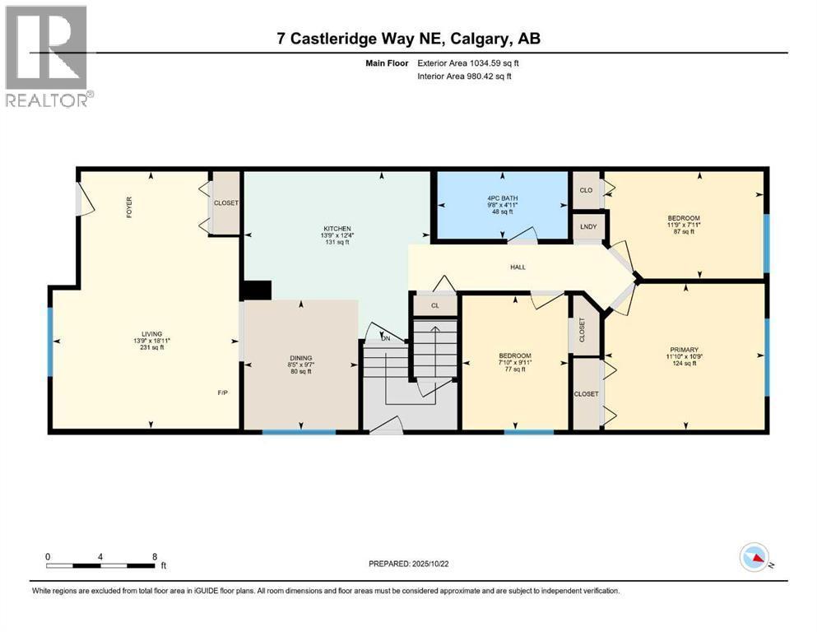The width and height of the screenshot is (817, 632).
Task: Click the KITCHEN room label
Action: pyautogui.click(x=337, y=229)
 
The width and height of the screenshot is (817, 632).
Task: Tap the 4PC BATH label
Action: pyautogui.click(x=502, y=198)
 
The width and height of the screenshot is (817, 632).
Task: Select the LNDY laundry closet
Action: pyautogui.click(x=588, y=226)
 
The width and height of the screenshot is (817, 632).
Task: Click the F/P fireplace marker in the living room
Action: pyautogui.click(x=222, y=393)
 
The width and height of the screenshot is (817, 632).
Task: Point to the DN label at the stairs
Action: pyautogui.click(x=386, y=339)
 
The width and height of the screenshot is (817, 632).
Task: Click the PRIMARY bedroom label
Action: pyautogui.click(x=685, y=350)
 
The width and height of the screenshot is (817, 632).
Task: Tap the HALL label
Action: pyautogui.click(x=518, y=267)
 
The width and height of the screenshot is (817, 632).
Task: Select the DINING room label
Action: pyautogui.click(x=300, y=359)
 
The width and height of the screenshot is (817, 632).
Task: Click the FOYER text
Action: pyautogui.click(x=129, y=207)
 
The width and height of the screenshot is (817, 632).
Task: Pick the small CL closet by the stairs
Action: pyautogui.click(x=435, y=305)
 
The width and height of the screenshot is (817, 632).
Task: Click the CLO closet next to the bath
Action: pyautogui.click(x=586, y=190)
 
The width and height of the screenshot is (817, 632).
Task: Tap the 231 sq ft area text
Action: pyautogui.click(x=152, y=347)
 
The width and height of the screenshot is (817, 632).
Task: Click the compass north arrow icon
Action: pyautogui.click(x=754, y=557)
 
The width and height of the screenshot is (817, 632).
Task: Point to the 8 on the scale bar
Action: pyautogui.click(x=155, y=557)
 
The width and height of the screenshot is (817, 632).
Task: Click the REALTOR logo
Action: pyautogui.click(x=46, y=56)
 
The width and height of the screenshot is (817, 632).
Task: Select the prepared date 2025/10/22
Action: pyautogui.click(x=429, y=564)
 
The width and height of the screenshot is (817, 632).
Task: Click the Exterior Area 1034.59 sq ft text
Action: pyautogui.click(x=468, y=63)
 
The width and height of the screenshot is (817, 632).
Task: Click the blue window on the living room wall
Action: pyautogui.click(x=50, y=342)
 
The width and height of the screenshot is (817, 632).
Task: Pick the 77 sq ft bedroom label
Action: pyautogui.click(x=515, y=369)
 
